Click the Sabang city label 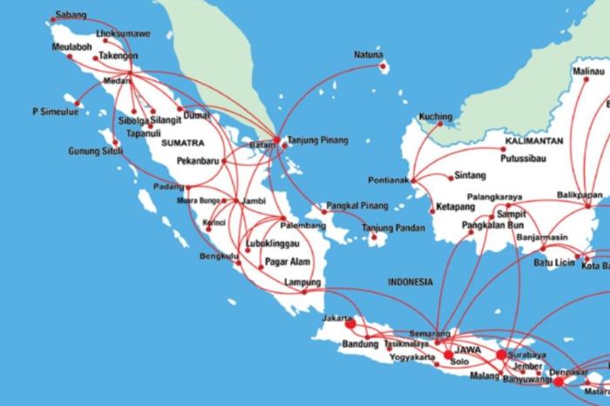(70, 16)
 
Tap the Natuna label (368, 55)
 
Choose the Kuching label (436, 116)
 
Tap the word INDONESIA (410, 282)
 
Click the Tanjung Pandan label (393, 228)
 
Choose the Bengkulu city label (218, 257)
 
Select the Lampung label (302, 282)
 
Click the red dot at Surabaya (501, 355)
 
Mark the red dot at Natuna (383, 64)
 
